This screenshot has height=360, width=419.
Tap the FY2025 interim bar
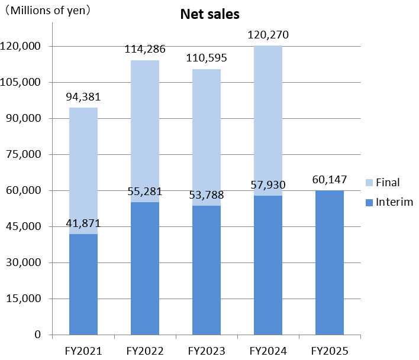[330, 262]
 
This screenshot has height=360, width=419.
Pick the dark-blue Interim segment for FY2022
[145, 268]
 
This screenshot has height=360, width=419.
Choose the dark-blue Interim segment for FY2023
[207, 270]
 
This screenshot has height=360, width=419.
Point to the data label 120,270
[268, 35]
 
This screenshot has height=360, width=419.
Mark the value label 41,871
[83, 223]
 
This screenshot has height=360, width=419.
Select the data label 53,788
[207, 194]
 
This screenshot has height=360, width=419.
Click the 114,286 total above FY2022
[145, 49]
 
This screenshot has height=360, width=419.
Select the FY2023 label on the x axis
[207, 351]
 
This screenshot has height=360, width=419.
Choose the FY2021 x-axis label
[83, 351]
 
